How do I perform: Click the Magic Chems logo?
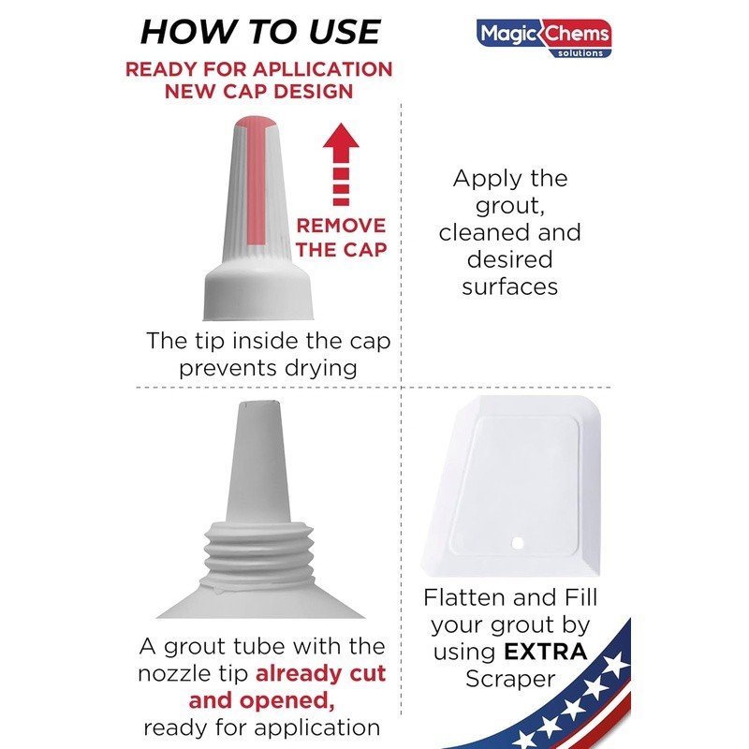[x=544, y=38]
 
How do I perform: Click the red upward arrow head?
[x=341, y=138]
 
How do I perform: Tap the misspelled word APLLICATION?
[x=322, y=69]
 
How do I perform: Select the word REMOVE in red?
[x=341, y=226]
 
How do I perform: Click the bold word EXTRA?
[x=545, y=652]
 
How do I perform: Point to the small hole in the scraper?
[x=517, y=543]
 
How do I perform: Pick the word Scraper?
[x=510, y=679]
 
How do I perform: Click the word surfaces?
[x=509, y=287]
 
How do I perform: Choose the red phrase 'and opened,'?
[x=262, y=700]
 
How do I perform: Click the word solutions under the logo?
[x=580, y=53]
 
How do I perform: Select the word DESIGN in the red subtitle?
[x=314, y=91]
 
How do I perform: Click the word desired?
[x=509, y=259]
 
